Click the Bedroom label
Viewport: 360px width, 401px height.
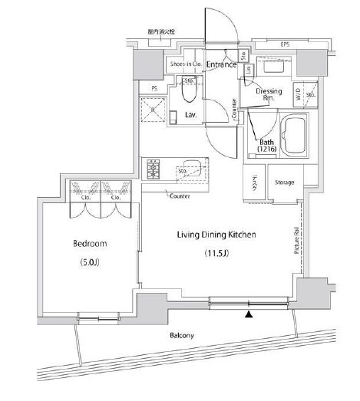(x=90, y=244)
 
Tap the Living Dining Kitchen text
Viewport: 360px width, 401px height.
(x=217, y=235)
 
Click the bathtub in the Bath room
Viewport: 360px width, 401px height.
(x=295, y=136)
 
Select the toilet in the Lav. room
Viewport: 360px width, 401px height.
(x=190, y=94)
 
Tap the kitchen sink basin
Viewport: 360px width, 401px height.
(x=191, y=164)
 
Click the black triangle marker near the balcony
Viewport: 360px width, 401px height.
(x=247, y=313)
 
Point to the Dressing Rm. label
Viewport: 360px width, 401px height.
(x=268, y=94)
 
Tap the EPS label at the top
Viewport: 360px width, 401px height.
(x=285, y=44)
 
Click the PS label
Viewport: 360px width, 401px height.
(x=154, y=88)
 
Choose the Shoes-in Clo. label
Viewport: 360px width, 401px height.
(x=187, y=64)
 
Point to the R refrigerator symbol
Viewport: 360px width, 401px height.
(x=153, y=110)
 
